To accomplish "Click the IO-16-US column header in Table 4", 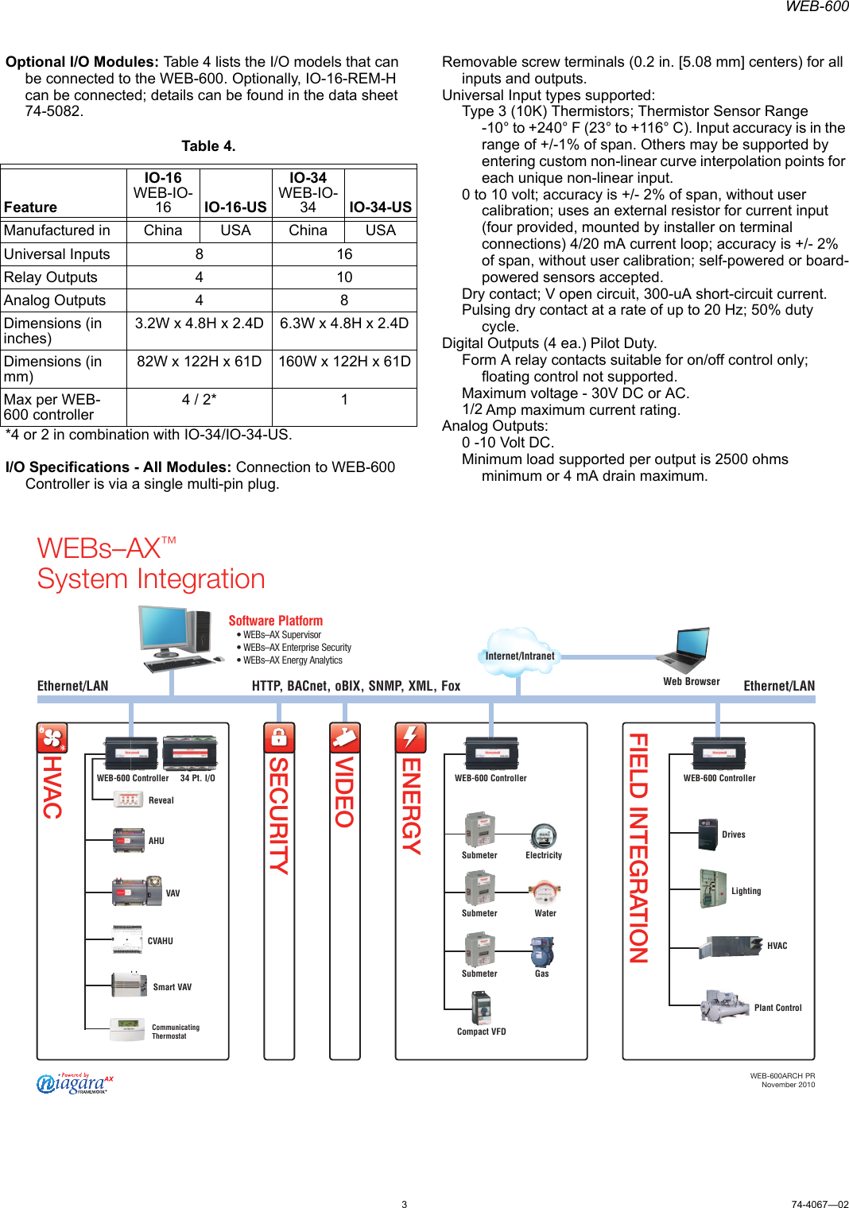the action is pos(235,207).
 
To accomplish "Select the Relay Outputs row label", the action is pos(51,277).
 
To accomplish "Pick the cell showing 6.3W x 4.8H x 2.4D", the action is pos(344,323).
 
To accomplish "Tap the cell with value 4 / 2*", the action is pos(199,400).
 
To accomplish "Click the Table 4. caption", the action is pos(208,146).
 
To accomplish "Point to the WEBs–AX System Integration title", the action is pos(151,563).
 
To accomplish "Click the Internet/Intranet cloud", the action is pos(520,652).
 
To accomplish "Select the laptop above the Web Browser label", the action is pos(684,651).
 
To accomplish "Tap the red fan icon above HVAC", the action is pos(52,738).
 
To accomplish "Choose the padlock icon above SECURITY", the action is pos(279,738).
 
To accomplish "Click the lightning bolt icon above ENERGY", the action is pos(410,738).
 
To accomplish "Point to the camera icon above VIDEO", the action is pos(345,738).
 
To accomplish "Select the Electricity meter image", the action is pos(544,836).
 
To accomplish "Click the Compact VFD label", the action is pos(481,1032).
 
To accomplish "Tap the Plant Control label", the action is pos(777,1008).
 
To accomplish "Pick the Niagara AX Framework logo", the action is pos(75,1083).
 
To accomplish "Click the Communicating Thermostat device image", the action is pos(127,1030).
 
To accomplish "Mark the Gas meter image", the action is pos(542,951).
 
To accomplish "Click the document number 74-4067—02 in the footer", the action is pos(820,1204).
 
